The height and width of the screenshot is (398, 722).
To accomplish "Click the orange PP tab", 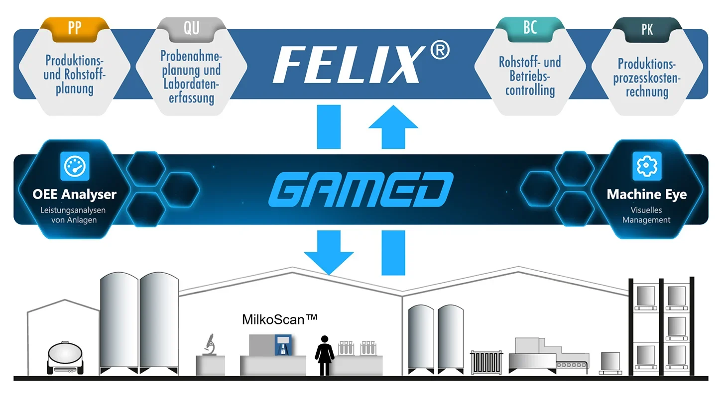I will point(74,28).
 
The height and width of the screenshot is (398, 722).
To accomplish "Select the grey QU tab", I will point(191,28).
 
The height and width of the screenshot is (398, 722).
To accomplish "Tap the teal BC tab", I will point(530,28).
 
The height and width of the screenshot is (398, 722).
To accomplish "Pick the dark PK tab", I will point(647,29).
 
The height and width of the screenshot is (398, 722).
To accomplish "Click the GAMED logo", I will point(361,190).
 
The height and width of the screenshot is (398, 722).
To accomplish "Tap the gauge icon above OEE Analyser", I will point(74,166).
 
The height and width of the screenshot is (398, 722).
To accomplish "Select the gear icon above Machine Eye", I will point(646,166).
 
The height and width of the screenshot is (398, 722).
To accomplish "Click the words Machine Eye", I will point(646,195).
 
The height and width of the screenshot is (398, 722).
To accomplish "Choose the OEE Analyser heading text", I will point(74,195).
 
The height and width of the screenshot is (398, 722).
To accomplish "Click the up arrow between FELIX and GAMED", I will point(393,126).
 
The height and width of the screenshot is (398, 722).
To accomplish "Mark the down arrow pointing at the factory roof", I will point(329,251).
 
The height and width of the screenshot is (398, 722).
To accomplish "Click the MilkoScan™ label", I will point(279,319).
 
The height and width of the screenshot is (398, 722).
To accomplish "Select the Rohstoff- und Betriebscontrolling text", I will point(530,76).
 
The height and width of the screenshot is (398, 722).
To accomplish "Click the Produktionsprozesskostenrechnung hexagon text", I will point(646,78).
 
